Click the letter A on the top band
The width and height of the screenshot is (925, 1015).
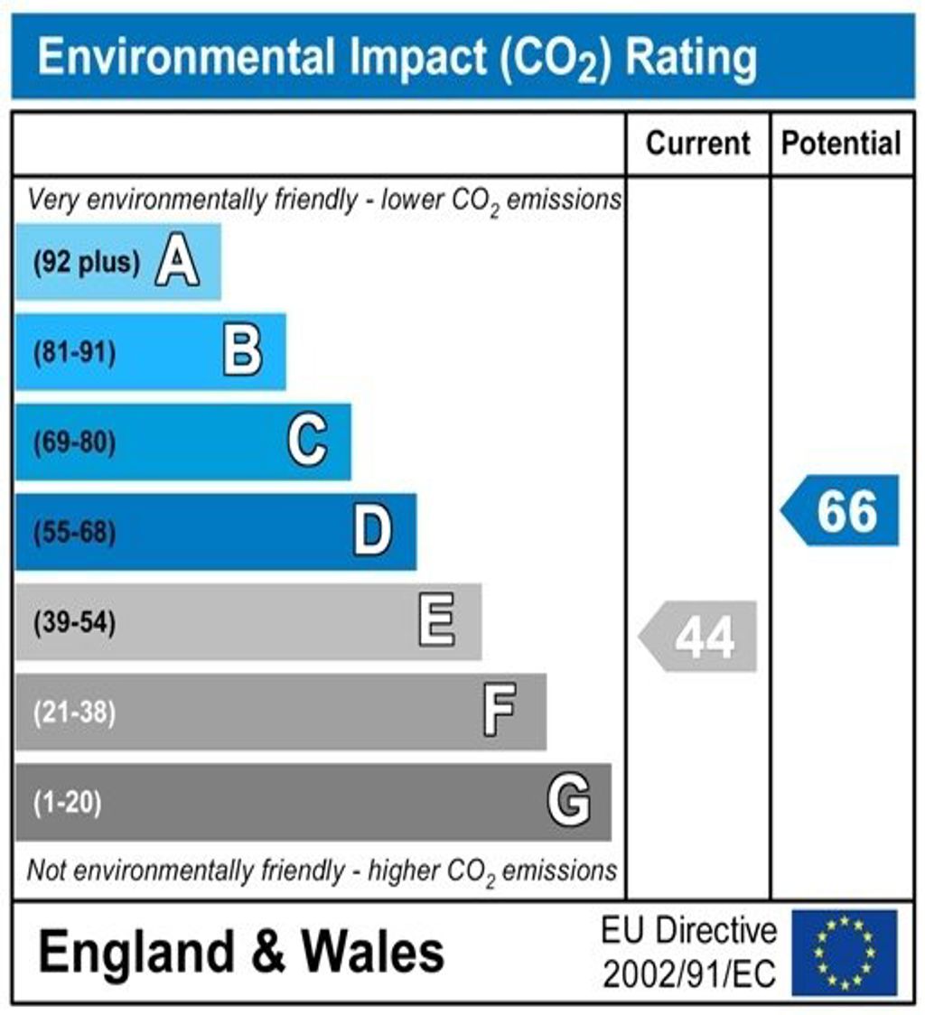177,263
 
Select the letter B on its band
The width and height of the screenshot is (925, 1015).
242,352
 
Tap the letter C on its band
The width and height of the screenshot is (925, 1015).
307,442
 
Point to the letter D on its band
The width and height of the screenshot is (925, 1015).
372,532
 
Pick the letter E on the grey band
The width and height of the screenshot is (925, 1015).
437,622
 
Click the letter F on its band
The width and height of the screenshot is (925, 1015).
500,712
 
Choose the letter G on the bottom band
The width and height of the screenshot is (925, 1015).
569,801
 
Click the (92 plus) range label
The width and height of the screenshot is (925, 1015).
87,264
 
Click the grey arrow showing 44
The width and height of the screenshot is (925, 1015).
699,638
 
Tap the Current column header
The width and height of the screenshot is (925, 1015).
698,144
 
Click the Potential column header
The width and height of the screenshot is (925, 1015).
841,144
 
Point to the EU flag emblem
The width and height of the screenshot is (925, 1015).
845,952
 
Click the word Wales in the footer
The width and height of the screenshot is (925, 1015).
372,952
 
